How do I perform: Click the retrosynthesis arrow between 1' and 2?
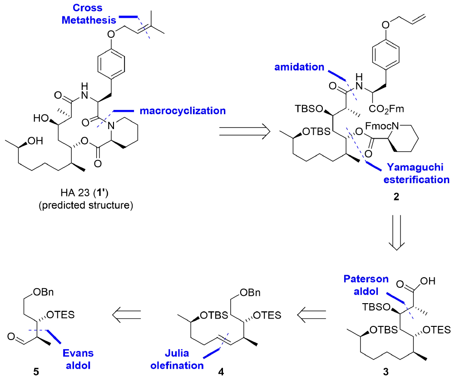point(244,131)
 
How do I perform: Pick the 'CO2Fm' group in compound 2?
point(389,109)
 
